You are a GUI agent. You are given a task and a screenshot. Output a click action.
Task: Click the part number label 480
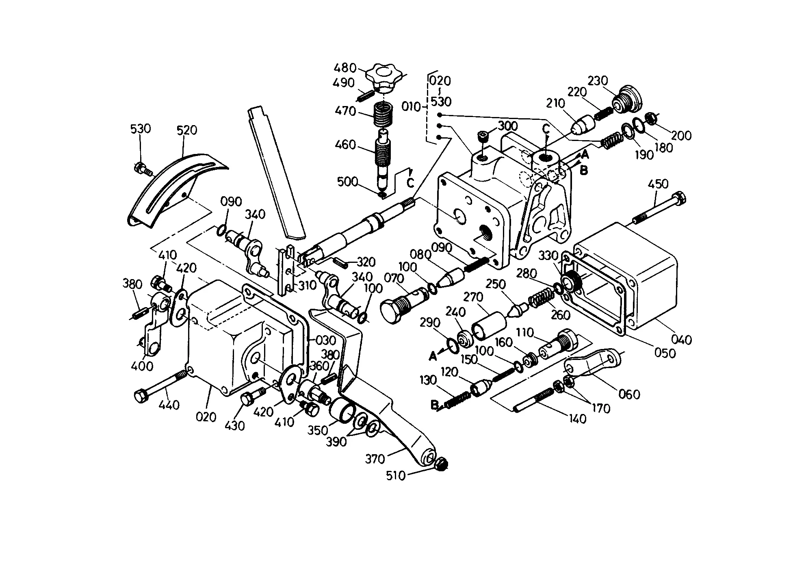click(345, 67)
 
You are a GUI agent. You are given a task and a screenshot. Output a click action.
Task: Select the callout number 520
click(187, 130)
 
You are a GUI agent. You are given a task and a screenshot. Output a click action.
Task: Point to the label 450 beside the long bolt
click(658, 184)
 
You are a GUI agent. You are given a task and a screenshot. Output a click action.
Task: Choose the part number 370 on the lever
click(375, 459)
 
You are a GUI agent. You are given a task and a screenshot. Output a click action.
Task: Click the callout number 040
click(681, 339)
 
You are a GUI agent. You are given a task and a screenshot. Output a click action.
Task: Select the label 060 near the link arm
click(629, 394)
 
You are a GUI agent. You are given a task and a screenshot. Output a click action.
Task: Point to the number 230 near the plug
click(598, 81)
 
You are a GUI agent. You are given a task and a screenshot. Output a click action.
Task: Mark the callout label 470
click(346, 111)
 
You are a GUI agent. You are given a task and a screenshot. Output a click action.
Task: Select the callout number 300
click(508, 125)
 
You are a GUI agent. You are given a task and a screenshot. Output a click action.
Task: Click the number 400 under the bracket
click(143, 366)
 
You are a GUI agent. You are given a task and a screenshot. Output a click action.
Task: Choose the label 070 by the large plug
click(394, 279)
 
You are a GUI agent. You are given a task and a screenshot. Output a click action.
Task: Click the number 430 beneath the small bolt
click(235, 425)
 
